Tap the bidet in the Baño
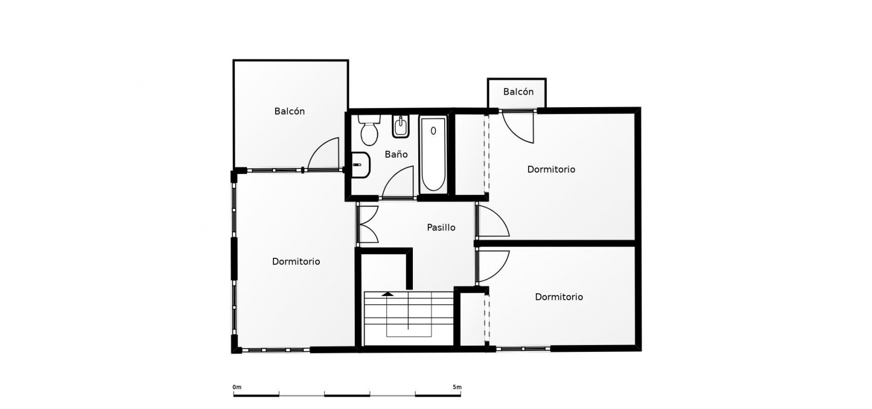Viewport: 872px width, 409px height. point(400,126)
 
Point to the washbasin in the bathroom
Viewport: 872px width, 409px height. point(360,165)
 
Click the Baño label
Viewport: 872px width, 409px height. point(396,154)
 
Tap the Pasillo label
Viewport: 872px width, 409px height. point(441,227)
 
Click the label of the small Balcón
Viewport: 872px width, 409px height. point(518,92)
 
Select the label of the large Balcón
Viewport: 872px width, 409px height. point(289,111)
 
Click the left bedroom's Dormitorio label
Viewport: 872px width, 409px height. point(296,262)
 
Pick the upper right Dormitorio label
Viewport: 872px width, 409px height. point(551,170)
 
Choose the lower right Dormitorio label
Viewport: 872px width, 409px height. point(559,297)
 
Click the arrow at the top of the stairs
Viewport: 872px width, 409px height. point(388,294)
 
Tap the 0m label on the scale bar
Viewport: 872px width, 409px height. point(237,387)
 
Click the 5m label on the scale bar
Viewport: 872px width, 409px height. point(457,387)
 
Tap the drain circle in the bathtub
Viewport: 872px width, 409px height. point(433,131)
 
